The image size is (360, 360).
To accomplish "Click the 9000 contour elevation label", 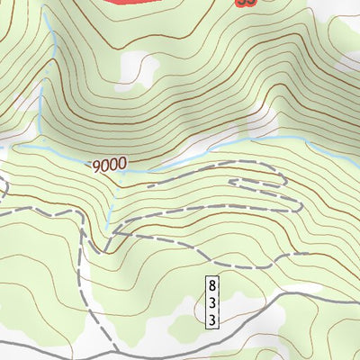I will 108,166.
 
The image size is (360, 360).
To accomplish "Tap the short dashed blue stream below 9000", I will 109,202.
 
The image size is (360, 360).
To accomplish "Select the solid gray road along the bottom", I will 270,298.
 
